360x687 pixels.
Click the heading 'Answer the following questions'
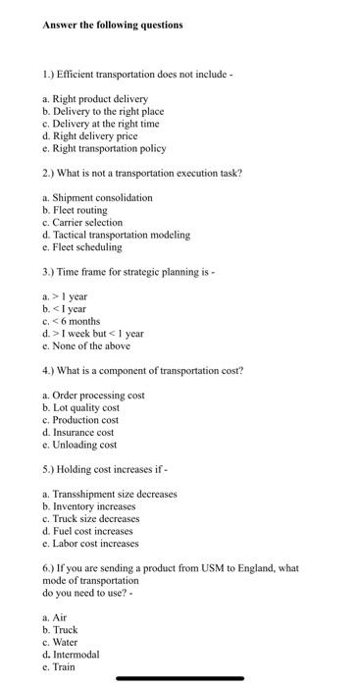pyautogui.click(x=113, y=25)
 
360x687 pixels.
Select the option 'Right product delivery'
pyautogui.click(x=95, y=99)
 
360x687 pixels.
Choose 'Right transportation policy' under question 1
pyautogui.click(x=104, y=149)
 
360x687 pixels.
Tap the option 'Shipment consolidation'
pyautogui.click(x=97, y=198)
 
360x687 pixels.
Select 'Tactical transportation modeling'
pyautogui.click(x=116, y=236)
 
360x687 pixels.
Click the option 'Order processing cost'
pyautogui.click(x=93, y=396)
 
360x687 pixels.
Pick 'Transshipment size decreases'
pyautogui.click(x=109, y=494)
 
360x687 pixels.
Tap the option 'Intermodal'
pyautogui.click(x=76, y=655)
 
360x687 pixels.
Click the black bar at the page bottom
pyautogui.click(x=180, y=678)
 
